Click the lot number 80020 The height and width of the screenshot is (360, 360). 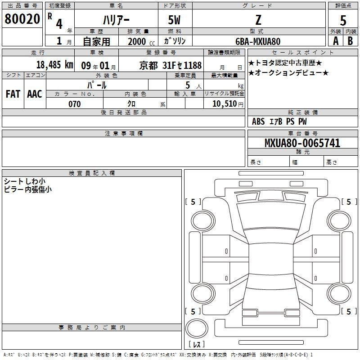(x=22, y=19)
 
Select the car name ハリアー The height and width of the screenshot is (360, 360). (x=116, y=20)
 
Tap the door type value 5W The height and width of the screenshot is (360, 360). (x=174, y=20)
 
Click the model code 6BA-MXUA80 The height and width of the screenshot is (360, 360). (x=258, y=41)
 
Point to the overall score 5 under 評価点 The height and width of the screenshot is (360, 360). (x=343, y=21)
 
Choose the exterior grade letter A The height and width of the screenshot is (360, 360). (x=336, y=41)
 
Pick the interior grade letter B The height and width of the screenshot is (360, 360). (x=350, y=41)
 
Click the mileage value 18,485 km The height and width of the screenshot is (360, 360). (x=55, y=65)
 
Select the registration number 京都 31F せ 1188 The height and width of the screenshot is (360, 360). (x=171, y=66)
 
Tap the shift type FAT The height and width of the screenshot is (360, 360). (x=13, y=94)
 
